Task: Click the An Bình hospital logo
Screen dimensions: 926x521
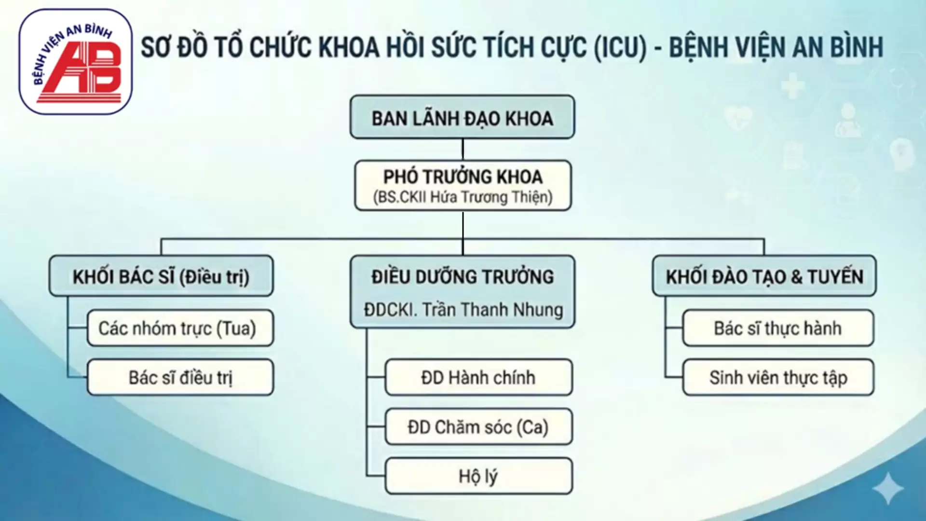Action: [76, 62]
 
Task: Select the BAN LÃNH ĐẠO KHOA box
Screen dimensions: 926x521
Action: [462, 117]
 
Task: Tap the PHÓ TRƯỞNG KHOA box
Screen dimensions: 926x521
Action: [463, 186]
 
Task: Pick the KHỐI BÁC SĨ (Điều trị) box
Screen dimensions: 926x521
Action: [161, 276]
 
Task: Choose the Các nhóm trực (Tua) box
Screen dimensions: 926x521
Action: [180, 329]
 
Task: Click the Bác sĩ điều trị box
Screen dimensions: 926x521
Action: [180, 378]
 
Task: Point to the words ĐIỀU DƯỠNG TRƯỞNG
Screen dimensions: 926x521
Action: [463, 277]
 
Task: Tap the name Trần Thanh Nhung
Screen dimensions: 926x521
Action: [493, 310]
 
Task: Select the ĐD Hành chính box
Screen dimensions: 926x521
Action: [478, 378]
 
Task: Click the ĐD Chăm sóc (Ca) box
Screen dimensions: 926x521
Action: [478, 427]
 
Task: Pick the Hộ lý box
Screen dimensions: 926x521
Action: [478, 476]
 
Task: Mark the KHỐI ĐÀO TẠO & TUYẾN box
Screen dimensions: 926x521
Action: [764, 276]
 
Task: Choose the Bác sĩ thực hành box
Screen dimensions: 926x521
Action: [778, 329]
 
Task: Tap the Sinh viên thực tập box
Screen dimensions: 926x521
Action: [778, 378]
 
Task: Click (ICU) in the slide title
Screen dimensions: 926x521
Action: [620, 47]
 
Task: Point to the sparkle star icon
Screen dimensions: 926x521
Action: [888, 488]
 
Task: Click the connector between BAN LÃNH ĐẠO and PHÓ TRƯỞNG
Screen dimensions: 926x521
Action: [463, 150]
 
